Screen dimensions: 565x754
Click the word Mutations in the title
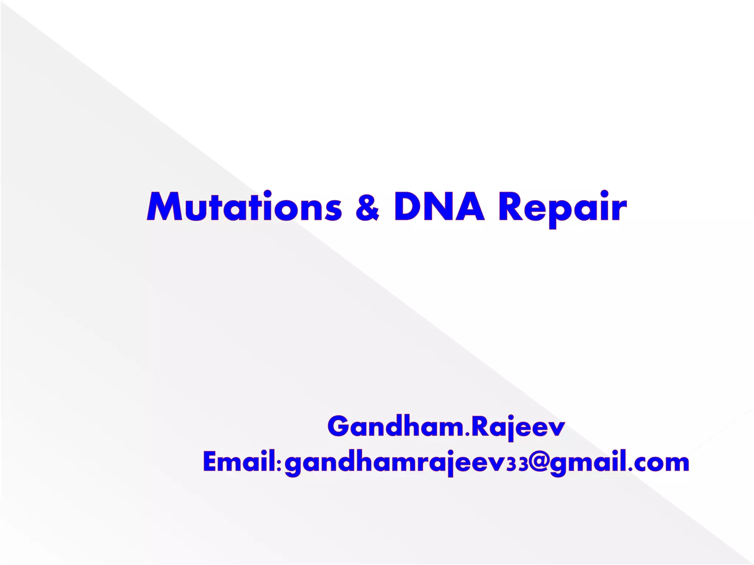click(244, 207)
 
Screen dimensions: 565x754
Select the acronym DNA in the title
click(439, 207)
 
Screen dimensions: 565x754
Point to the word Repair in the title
click(562, 208)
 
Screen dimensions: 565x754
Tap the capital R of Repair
click(511, 207)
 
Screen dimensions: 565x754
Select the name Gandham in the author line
click(396, 427)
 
